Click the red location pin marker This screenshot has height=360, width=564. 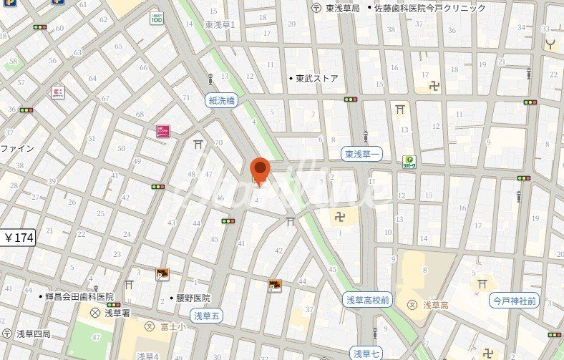260,171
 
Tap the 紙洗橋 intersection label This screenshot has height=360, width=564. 222,101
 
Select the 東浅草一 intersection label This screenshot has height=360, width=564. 364,155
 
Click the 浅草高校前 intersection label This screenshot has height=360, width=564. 368,301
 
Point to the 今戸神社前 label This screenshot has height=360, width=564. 514,301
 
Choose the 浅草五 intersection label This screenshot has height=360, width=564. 208,315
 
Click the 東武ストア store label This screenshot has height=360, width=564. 316,79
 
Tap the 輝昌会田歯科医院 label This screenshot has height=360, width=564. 79,296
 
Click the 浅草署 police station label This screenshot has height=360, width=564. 114,313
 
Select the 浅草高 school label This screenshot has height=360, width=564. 434,305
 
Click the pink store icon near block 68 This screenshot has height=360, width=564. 163,132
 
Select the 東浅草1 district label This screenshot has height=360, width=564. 220,24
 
